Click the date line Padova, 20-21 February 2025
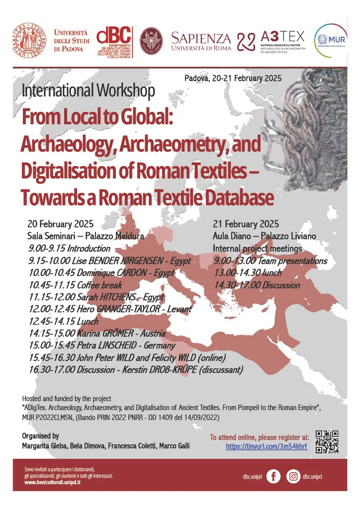click(233, 78)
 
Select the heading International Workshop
click(89, 90)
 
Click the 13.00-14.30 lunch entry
click(248, 273)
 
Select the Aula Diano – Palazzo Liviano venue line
click(264, 235)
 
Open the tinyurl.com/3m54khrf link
click(267, 447)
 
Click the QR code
click(327, 441)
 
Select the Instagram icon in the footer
click(294, 476)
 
